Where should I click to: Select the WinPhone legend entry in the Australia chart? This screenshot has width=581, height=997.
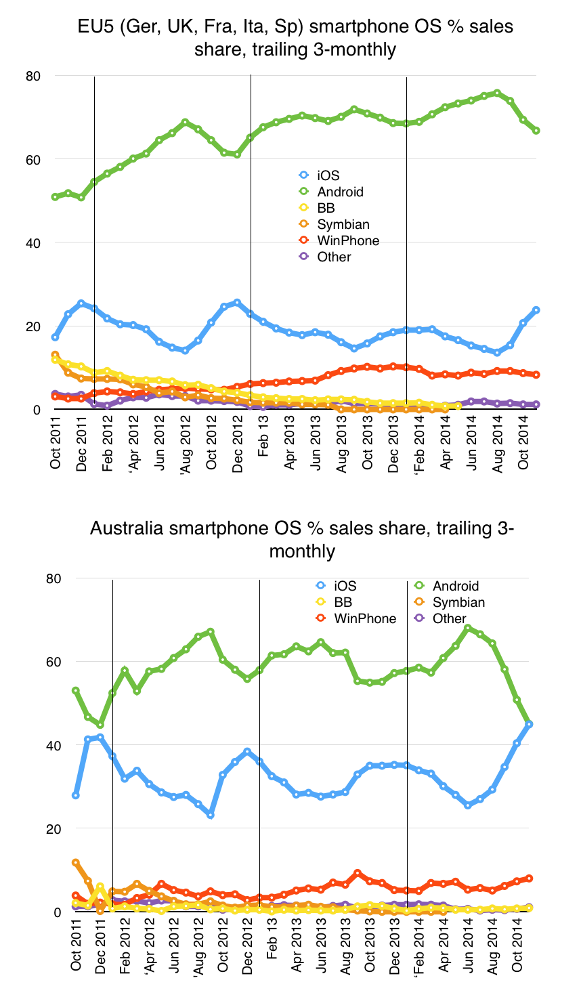coord(365,618)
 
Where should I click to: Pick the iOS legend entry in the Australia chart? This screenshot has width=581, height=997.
coord(345,586)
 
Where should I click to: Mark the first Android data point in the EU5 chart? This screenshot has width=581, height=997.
coord(55,196)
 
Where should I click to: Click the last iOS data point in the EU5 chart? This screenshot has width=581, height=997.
coord(536,310)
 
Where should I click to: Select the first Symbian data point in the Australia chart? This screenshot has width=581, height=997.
coord(76,862)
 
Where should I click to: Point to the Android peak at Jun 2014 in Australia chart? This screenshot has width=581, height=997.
coord(467,628)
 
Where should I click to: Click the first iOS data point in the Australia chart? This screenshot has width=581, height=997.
coord(76,795)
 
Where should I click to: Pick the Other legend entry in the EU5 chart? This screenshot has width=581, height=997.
coord(334,257)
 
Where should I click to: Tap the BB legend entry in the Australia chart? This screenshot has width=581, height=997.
coord(343,602)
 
